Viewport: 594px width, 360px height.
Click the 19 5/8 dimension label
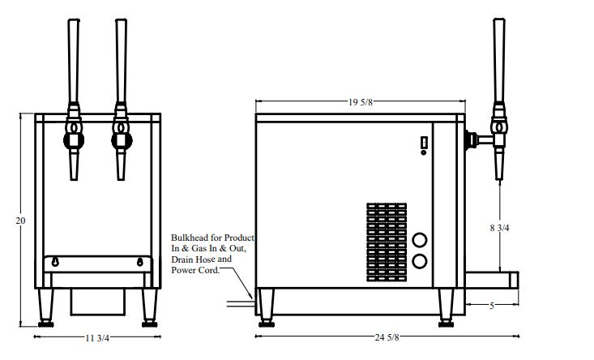[360, 102]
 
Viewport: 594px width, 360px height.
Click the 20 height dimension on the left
[20, 220]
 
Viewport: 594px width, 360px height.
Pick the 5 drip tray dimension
[492, 306]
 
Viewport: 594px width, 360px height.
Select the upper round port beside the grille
[420, 240]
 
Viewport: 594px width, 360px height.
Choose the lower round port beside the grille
[420, 261]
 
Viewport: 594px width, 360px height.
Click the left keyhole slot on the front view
[55, 262]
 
